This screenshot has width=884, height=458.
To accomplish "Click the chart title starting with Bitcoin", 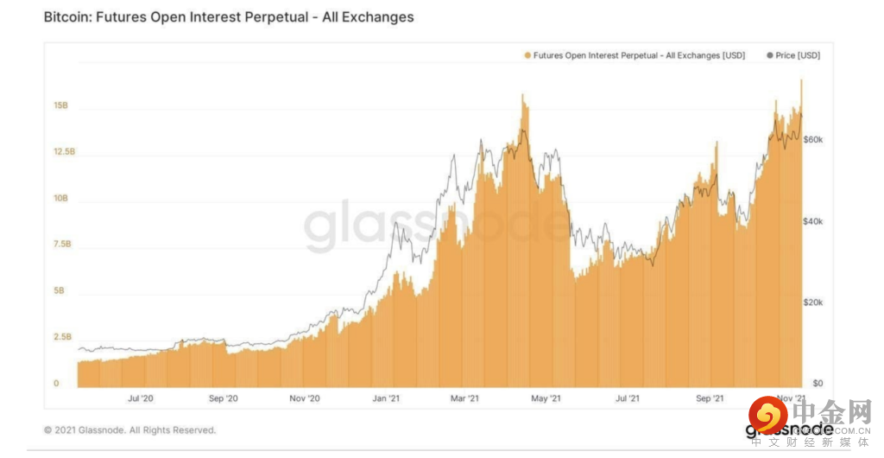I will (x=229, y=16).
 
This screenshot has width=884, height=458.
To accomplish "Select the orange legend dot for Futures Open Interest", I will (x=527, y=55).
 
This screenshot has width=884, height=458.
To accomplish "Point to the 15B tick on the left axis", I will (x=60, y=106).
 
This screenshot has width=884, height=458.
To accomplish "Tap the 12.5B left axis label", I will (x=65, y=152).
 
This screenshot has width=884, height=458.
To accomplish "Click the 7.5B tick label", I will (x=62, y=245).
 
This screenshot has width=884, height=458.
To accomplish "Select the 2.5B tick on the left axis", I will (x=62, y=337).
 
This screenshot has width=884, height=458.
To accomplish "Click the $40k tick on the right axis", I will (x=813, y=222).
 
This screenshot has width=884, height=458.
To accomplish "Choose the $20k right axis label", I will (x=813, y=303).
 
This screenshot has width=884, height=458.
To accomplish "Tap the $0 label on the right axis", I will (x=817, y=384).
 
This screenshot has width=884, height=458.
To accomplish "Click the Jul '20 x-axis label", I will (x=140, y=398).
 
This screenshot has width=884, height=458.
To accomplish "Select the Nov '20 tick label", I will (x=304, y=398).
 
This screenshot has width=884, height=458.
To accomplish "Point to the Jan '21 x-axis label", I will (x=385, y=398).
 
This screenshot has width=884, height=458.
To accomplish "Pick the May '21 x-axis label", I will (x=546, y=398).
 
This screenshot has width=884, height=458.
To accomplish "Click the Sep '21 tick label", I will (x=710, y=398).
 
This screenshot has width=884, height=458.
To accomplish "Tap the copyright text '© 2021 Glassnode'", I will (x=129, y=430).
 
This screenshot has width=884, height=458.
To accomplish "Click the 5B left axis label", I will (x=59, y=291).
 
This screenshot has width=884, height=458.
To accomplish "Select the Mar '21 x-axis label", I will (x=464, y=398).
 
